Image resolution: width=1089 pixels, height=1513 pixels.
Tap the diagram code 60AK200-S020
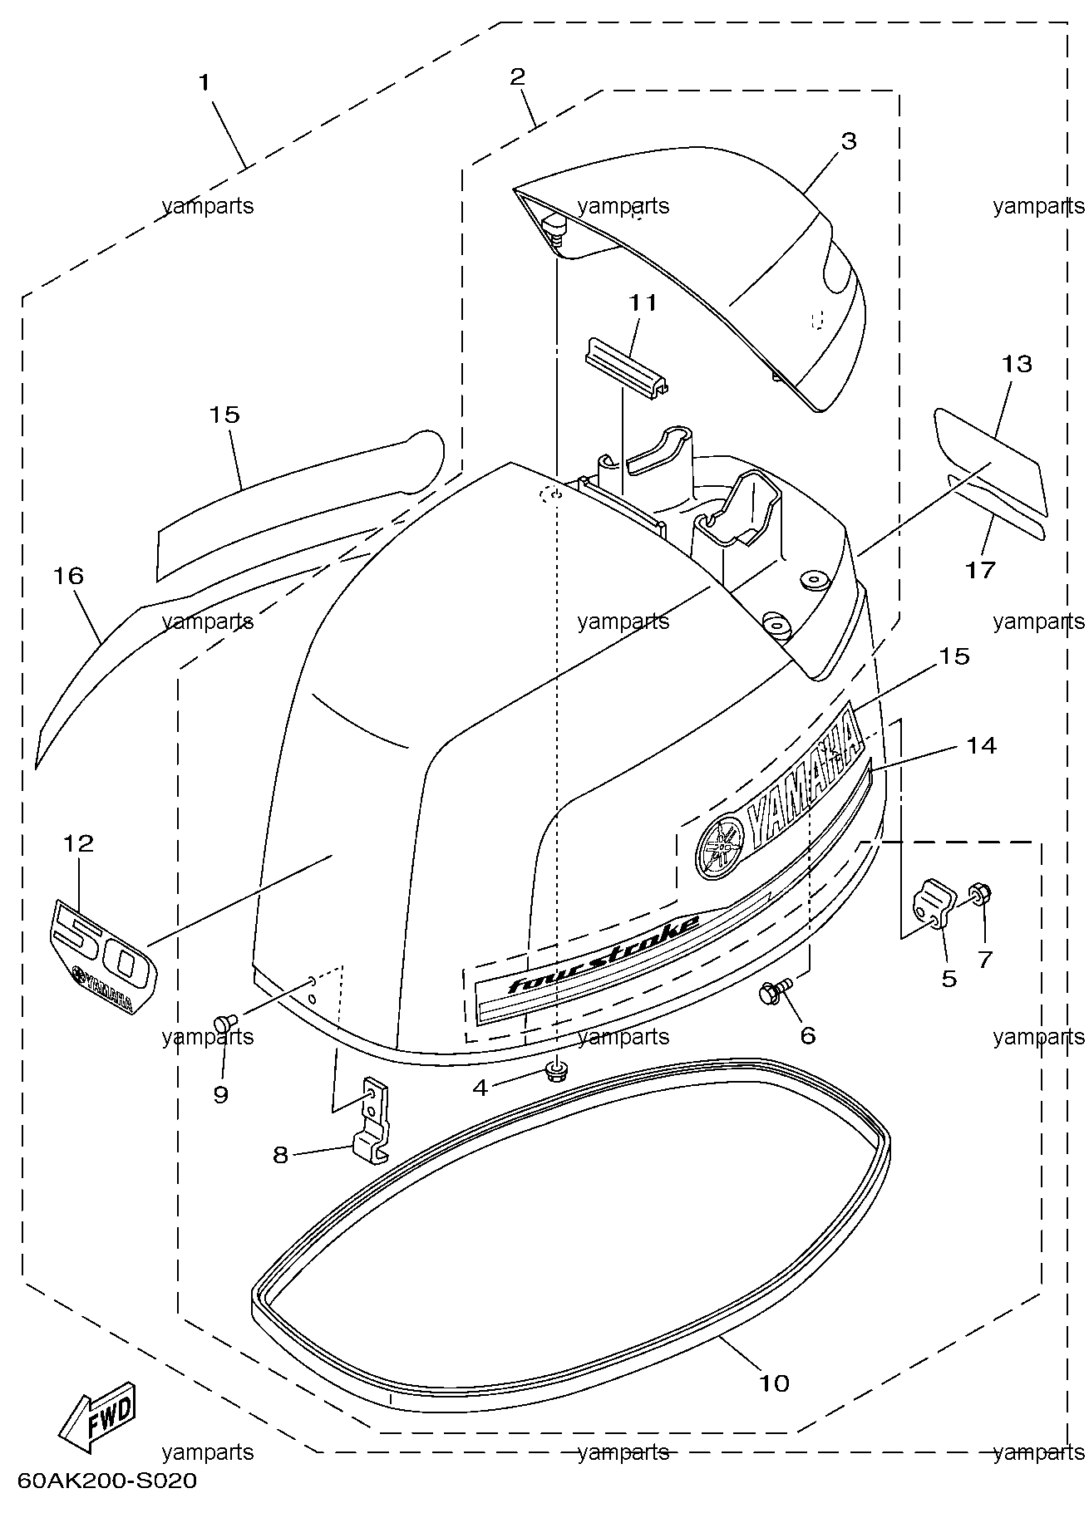coord(107,1481)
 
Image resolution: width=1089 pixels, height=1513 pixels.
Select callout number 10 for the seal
coord(773,1383)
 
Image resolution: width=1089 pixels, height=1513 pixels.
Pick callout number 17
coord(981,570)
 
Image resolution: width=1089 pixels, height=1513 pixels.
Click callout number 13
coord(1017,364)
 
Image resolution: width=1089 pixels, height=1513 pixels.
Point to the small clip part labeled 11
coord(630,366)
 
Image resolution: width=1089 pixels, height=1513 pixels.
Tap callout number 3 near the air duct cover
coord(848,141)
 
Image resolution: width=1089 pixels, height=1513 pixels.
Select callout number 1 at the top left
coord(204,83)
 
